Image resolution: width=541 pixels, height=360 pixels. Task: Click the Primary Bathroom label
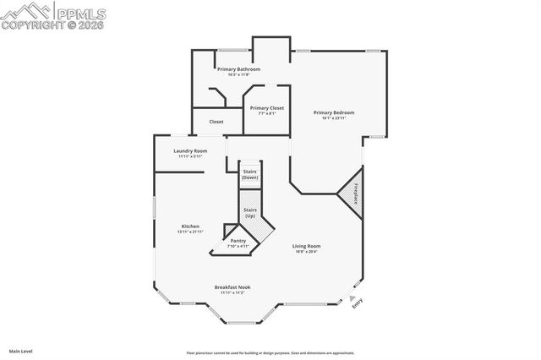pos(238,68)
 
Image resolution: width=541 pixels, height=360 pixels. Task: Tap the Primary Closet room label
pos(266,108)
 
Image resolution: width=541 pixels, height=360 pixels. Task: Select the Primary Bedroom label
pos(333,112)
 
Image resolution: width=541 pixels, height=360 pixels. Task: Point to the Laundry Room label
pos(190,150)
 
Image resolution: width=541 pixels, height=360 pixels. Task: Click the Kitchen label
pos(190,226)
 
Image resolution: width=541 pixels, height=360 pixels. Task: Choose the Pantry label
pos(238,241)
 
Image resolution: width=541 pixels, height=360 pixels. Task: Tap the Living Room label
pos(307,246)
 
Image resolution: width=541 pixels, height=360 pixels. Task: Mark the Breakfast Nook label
pos(232,286)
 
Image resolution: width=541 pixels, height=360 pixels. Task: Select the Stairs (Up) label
pos(250,212)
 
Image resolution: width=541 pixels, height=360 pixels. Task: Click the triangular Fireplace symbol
pos(353,193)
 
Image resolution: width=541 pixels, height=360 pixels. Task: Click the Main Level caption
pos(21,351)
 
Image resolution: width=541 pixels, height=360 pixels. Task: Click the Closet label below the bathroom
pos(216,122)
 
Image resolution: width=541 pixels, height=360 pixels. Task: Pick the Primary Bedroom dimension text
pos(333,118)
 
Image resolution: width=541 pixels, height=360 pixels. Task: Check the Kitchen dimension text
pos(190,232)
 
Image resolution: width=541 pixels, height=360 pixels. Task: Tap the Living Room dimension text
pos(307,252)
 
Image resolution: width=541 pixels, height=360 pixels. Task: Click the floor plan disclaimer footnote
pos(270,352)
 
